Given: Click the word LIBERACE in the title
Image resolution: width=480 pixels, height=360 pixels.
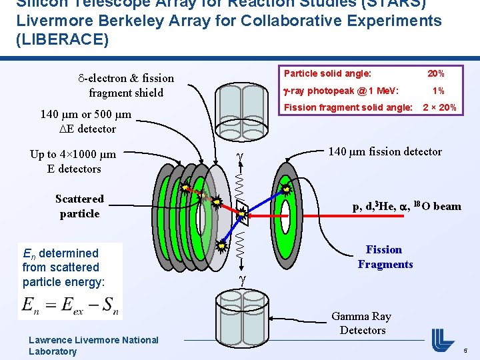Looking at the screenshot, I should coord(62,39).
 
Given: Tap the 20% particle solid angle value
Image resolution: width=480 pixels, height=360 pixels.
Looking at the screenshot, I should coord(436,73).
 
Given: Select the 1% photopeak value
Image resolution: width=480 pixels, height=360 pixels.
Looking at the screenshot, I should coord(438,91).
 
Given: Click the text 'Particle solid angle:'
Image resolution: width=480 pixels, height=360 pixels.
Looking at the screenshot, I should coord(327,73).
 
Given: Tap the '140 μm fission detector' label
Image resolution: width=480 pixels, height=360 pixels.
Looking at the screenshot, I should coord(385,152).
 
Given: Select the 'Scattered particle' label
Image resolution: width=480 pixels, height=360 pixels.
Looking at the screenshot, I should coord(79,206).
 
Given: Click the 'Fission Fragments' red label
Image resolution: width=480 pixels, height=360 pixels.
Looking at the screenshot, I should coord(385,257).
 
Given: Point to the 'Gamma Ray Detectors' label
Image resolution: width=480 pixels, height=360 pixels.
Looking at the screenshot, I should coord(362,323).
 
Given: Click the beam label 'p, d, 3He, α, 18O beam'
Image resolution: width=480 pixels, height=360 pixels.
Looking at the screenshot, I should coord(407,206).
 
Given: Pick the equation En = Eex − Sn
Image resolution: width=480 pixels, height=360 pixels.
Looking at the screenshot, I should coord(70,306).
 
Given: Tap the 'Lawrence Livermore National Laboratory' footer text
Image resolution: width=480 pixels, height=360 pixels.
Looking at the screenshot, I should coord(93,345).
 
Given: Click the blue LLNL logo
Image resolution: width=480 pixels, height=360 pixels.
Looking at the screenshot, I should coord(442,340).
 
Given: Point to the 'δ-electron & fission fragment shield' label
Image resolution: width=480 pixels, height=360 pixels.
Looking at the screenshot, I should coord(126,85).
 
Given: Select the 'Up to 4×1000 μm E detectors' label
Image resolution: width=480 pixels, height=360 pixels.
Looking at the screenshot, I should coord(73,161).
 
